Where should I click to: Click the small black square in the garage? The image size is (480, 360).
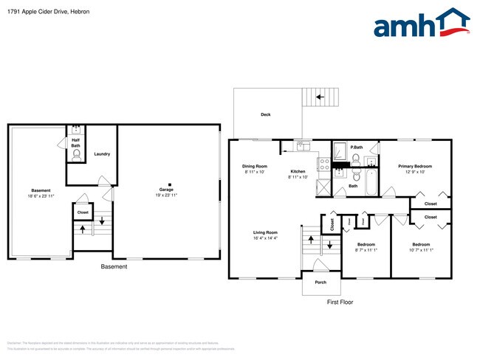170,184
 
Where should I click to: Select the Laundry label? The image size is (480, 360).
102,153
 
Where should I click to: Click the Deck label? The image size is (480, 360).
265,114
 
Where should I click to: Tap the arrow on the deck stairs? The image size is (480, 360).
320,97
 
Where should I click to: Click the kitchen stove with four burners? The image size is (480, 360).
322,164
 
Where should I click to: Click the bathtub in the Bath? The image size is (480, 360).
370,179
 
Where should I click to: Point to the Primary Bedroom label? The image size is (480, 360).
415,167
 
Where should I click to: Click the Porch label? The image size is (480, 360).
320,282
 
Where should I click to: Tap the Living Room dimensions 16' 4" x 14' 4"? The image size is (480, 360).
264,238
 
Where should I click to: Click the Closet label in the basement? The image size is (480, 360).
82,212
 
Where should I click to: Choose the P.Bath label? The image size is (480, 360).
355,147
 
